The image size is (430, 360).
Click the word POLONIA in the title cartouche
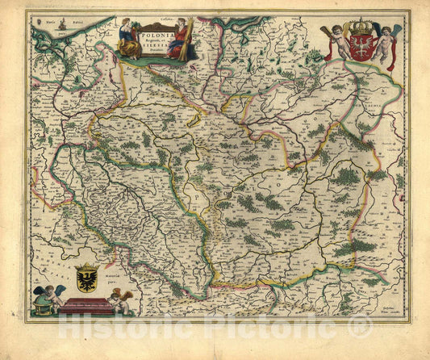coord(154,36)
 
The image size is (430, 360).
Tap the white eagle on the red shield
coord(357,43)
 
